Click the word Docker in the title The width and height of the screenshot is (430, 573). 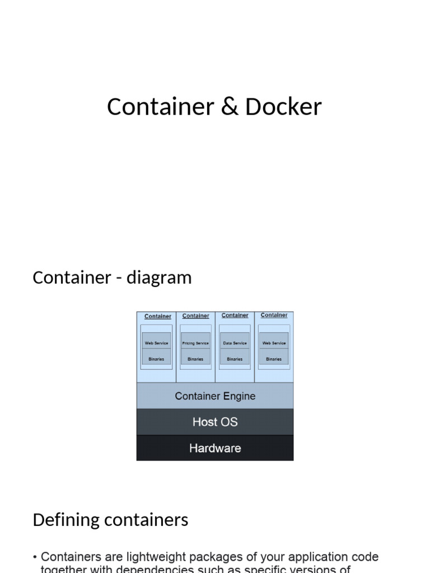click(x=283, y=107)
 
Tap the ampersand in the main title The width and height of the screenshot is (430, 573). click(x=230, y=107)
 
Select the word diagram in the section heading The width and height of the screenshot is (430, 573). click(x=159, y=278)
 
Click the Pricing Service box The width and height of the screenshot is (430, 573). click(x=195, y=343)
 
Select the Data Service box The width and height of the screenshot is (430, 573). click(x=235, y=343)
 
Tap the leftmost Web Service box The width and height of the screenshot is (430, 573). click(x=156, y=343)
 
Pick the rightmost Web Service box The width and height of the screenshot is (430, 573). click(x=274, y=343)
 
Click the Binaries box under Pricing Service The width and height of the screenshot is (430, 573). click(x=195, y=359)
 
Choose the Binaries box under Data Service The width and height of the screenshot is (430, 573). click(x=235, y=359)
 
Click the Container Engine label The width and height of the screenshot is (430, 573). click(x=215, y=396)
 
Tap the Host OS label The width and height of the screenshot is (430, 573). click(x=215, y=422)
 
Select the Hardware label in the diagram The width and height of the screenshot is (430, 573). click(x=215, y=448)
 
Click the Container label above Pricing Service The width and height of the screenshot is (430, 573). click(x=195, y=316)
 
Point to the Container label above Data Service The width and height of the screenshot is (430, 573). click(x=235, y=316)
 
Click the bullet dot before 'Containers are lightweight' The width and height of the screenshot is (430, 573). click(x=35, y=557)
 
